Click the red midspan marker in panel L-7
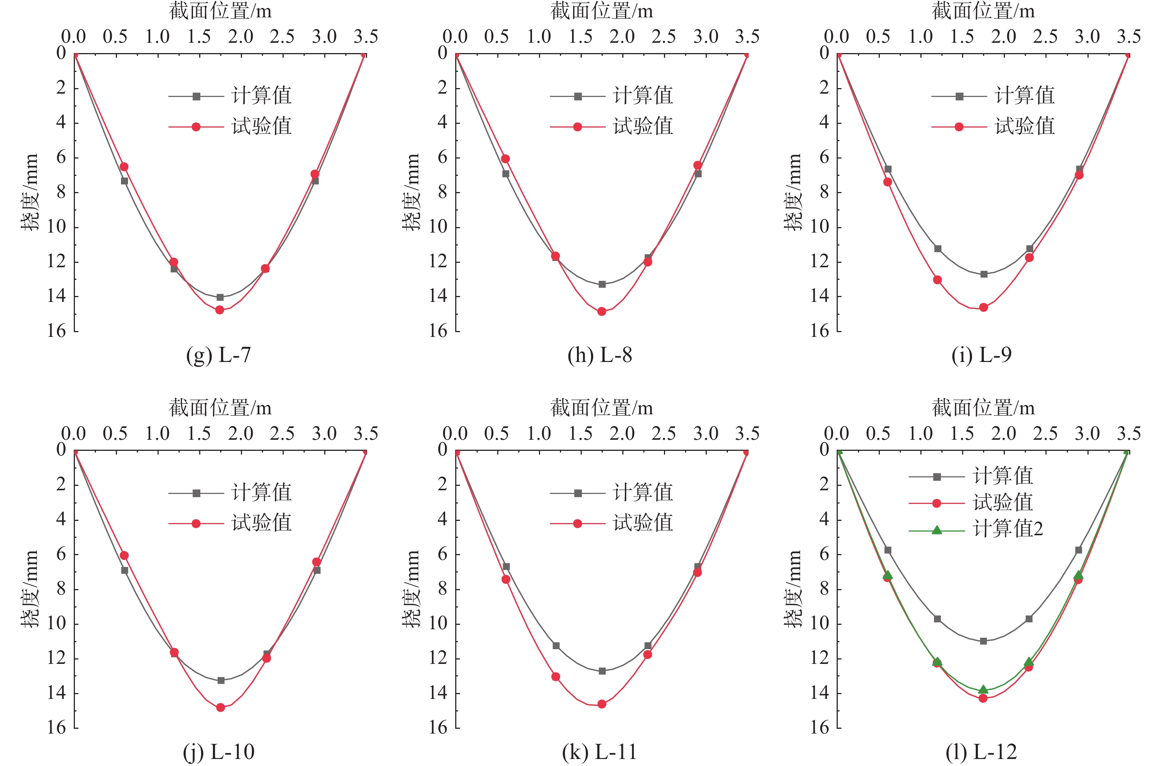[x=219, y=310]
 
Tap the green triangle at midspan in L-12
[x=983, y=689]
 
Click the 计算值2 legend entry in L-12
[x=1007, y=529]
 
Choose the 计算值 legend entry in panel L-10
[x=261, y=492]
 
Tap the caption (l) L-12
[x=981, y=752]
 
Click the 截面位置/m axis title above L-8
[x=602, y=11]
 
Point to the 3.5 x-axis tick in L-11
[x=747, y=434]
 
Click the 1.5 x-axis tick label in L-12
[x=962, y=434]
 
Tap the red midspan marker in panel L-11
[x=602, y=704]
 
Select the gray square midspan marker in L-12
[x=983, y=641]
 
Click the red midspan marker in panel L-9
[x=983, y=307]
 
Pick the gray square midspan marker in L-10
[x=221, y=680]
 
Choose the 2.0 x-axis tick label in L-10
[x=241, y=434]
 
